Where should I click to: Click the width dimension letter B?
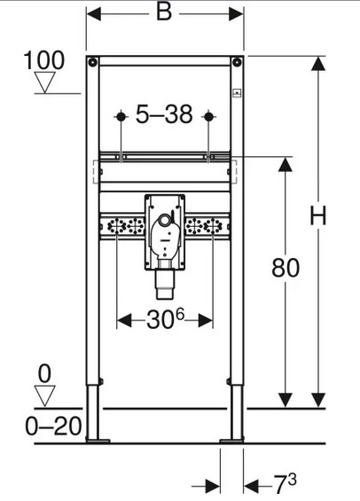pos(164,12)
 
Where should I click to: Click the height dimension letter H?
pos(318,215)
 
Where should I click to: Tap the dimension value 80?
pos(286,268)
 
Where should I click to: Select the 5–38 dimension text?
pos(164,114)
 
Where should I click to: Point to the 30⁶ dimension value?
pos(165,319)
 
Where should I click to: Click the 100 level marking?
pos(44,60)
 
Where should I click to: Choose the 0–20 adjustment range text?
pos(53,427)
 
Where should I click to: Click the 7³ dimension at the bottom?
pos(286,484)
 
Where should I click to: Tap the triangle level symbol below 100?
pos(44,82)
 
